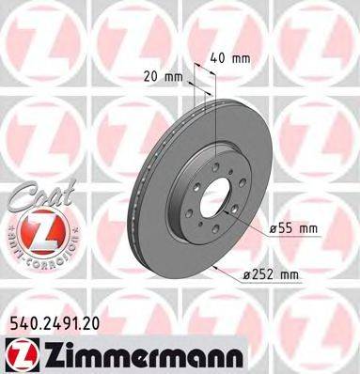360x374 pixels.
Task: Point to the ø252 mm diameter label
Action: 271,273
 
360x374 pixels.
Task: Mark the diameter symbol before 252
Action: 245,273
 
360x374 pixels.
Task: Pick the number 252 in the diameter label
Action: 264,273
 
